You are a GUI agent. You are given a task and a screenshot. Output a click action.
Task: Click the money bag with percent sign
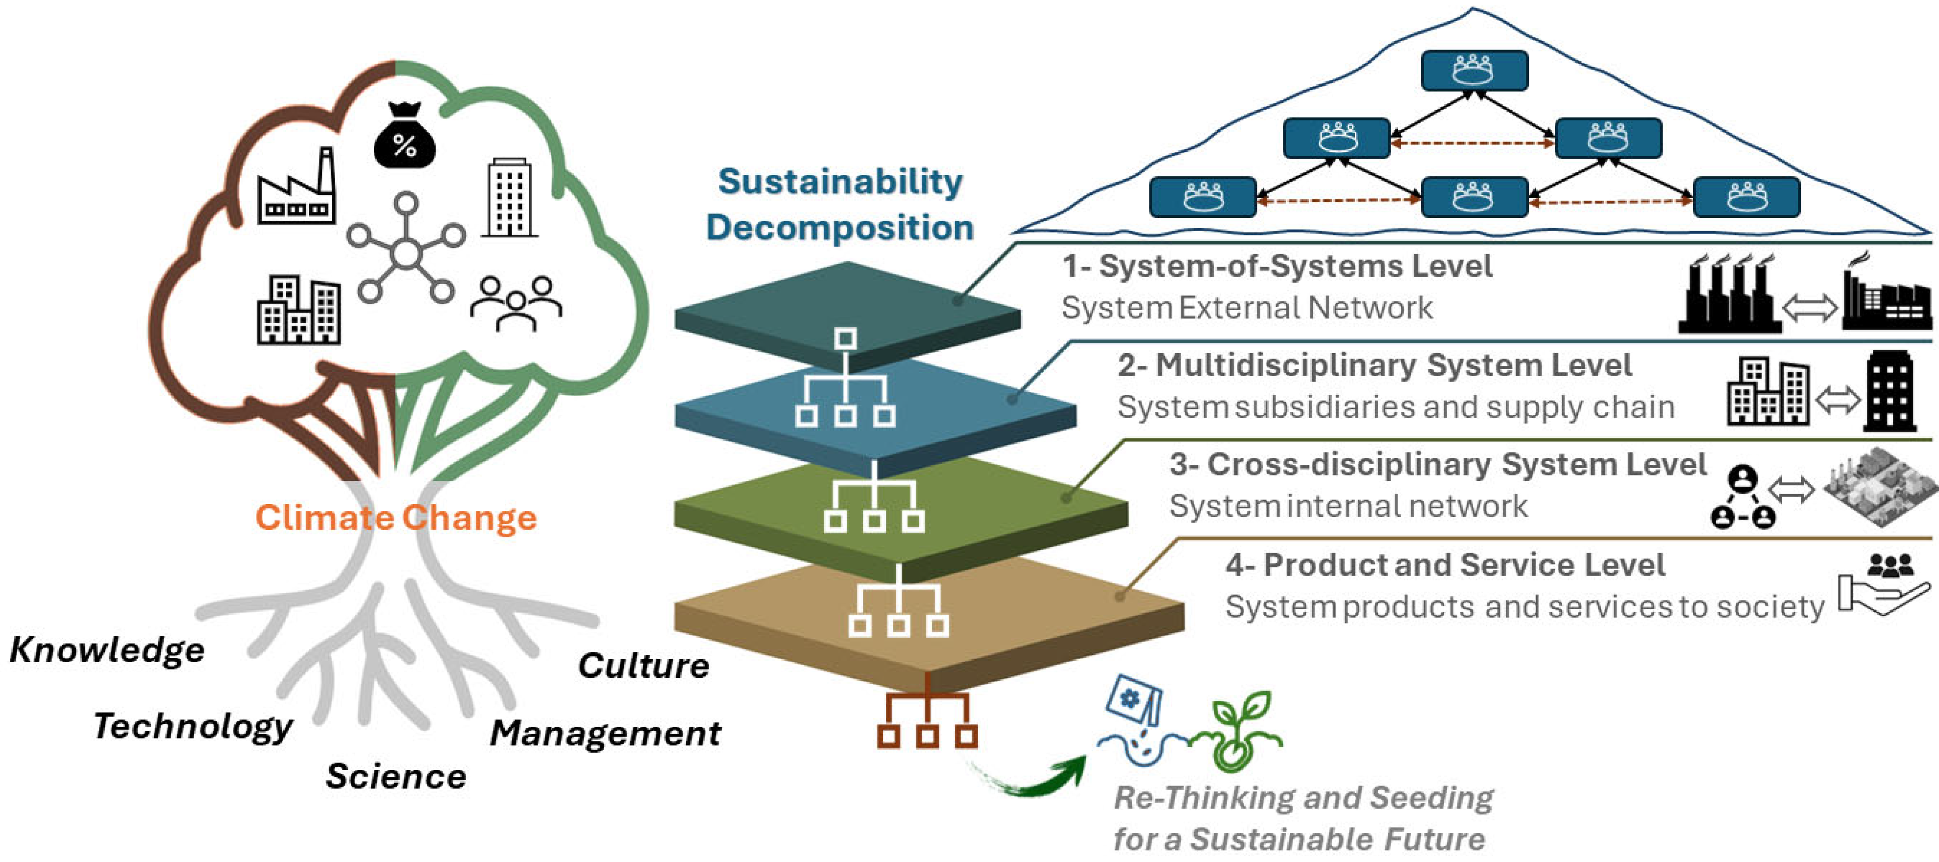tap(404, 137)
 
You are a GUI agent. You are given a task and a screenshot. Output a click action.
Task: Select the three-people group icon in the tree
tap(516, 303)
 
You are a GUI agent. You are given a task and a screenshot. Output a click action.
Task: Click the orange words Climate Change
tap(396, 518)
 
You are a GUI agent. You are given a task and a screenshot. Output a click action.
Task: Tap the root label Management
tap(605, 733)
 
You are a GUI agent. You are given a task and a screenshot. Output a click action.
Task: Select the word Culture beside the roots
tap(643, 666)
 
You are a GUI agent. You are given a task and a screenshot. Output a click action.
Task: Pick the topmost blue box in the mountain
tap(1474, 71)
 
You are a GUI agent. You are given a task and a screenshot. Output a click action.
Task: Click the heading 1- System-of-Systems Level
tap(1276, 266)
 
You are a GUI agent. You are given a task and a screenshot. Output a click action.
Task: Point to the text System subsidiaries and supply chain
tap(1396, 407)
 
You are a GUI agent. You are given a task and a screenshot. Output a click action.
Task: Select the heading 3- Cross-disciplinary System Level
tap(1437, 465)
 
